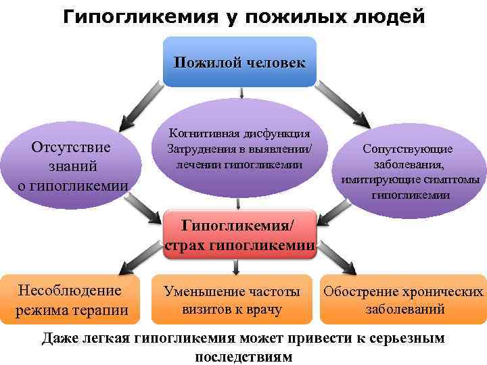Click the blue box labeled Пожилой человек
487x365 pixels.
point(239,62)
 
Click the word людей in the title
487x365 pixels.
point(392,16)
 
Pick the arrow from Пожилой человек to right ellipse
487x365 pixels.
point(349,108)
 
